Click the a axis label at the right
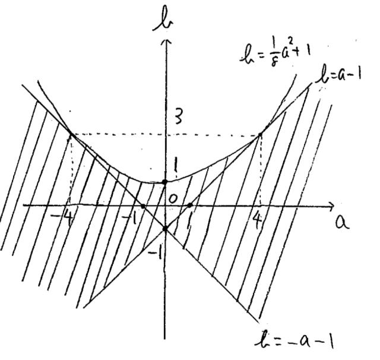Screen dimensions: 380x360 pos(342,222)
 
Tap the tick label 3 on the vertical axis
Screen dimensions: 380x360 pos(178,118)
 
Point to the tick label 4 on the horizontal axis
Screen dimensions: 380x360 pos(257,220)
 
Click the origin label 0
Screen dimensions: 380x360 pos(173,199)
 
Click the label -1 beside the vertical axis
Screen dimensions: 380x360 pos(156,254)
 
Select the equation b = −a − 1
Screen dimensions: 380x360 pos(294,341)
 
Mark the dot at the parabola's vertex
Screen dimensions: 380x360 pos(165,182)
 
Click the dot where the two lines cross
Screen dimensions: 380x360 pos(165,228)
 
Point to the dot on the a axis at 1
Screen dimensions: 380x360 pos(190,206)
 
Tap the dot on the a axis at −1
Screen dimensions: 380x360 pos(143,206)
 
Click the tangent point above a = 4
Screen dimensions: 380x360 pos(260,134)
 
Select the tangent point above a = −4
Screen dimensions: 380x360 pos(71,134)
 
